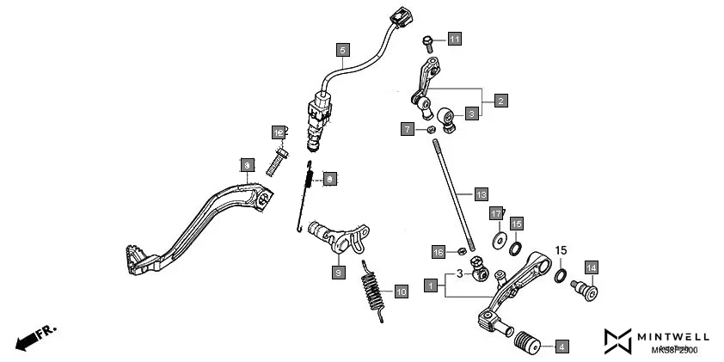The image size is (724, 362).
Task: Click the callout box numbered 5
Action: coord(342,50)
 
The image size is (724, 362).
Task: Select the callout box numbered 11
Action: coord(454,39)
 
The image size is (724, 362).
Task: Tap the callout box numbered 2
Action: coord(500,100)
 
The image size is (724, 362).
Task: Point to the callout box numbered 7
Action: coord(408,129)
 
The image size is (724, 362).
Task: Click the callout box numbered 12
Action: coord(279,133)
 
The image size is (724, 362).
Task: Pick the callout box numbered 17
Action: coord(496,212)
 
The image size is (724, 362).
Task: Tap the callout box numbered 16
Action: coord(438,252)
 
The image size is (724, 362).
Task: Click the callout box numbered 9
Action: coord(338,272)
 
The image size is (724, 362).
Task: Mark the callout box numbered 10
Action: coord(401,291)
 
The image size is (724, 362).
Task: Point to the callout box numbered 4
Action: coord(561,347)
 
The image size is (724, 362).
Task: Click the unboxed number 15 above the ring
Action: coord(561,250)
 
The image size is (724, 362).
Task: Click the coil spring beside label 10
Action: coord(371,291)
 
